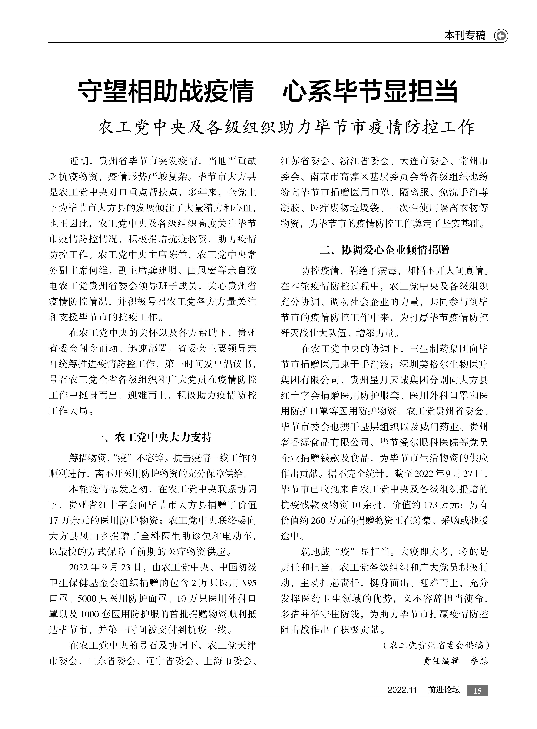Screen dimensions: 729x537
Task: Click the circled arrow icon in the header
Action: [x=501, y=36]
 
